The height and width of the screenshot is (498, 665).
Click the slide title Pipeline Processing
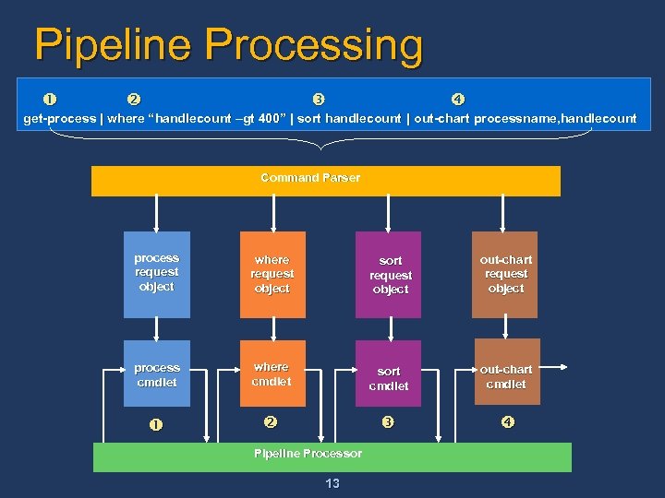[x=228, y=45]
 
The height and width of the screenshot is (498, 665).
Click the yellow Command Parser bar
[x=325, y=181]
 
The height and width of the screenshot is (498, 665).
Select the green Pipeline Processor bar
[x=332, y=456]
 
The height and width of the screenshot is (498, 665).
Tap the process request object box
[x=157, y=274]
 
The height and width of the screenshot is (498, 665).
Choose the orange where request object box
[x=272, y=274]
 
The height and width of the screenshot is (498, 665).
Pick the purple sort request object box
[x=389, y=275]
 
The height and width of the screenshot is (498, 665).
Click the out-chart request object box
[x=505, y=274]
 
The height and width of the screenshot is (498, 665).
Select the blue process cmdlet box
[x=157, y=373]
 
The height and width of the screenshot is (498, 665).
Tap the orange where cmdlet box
[x=272, y=373]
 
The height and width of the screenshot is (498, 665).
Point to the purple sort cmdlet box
[x=389, y=373]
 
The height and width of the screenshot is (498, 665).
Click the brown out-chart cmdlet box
[x=505, y=373]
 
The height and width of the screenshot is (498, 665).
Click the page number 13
[x=332, y=484]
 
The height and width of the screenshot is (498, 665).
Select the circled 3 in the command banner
[x=318, y=100]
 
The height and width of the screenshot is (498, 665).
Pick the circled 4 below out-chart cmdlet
[x=507, y=423]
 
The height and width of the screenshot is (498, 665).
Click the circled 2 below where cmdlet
[x=270, y=422]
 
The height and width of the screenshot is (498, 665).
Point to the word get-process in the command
[x=59, y=118]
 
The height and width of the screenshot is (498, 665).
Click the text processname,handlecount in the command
[x=555, y=118]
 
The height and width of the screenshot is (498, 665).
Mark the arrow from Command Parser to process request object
[x=157, y=213]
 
